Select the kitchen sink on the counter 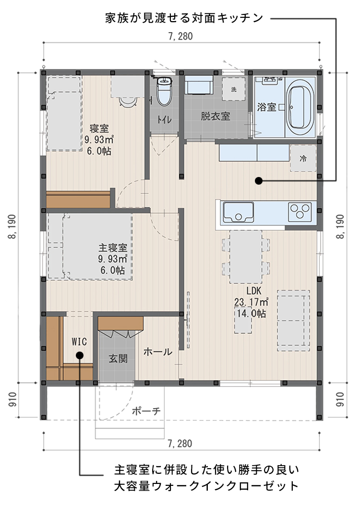[x=239, y=212]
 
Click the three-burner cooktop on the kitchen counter [x=300, y=212]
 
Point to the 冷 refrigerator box [x=303, y=158]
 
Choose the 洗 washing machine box [x=233, y=89]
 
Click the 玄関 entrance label [x=118, y=358]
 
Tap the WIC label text [x=79, y=341]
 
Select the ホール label [x=157, y=352]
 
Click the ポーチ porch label [x=146, y=411]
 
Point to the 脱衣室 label [x=216, y=116]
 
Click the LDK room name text [x=254, y=291]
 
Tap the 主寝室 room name [x=113, y=248]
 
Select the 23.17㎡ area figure [x=251, y=302]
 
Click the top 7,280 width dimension [x=180, y=36]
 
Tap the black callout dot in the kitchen [x=258, y=181]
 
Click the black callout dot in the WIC [x=79, y=355]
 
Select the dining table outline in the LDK [x=246, y=257]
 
